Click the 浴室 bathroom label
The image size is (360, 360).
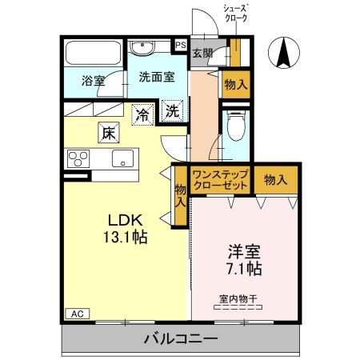[94, 80]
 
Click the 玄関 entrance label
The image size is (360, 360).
[202, 54]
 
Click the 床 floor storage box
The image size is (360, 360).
[107, 132]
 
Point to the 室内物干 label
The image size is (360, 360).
[238, 300]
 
